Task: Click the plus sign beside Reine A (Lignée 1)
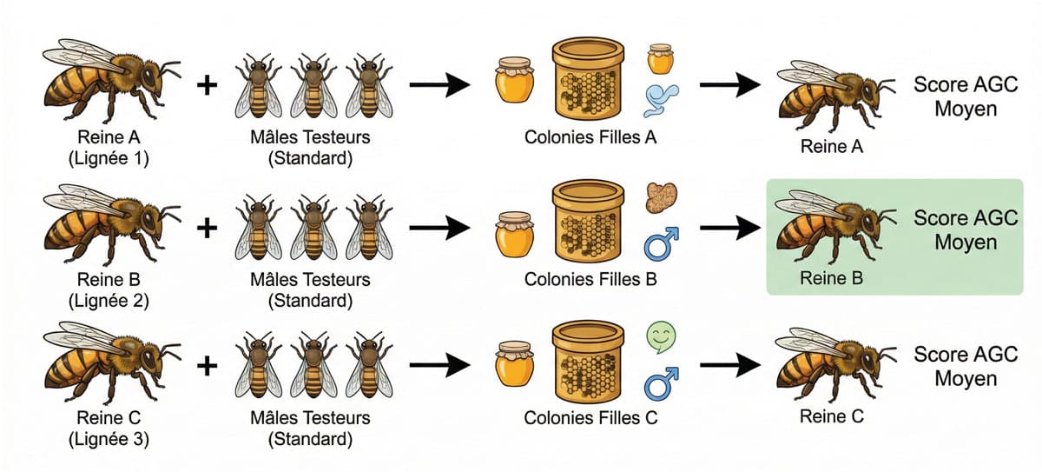pyautogui.click(x=207, y=87)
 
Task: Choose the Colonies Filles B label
pyautogui.click(x=590, y=280)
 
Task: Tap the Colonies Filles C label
pyautogui.click(x=590, y=418)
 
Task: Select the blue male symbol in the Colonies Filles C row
pyautogui.click(x=661, y=383)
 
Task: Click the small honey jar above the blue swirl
pyautogui.click(x=661, y=59)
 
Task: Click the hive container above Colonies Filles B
pyautogui.click(x=589, y=222)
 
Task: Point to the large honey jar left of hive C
pyautogui.click(x=514, y=365)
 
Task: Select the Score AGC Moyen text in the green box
pyautogui.click(x=965, y=229)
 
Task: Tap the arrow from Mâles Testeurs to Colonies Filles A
pyautogui.click(x=439, y=86)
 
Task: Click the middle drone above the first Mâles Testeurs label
pyautogui.click(x=313, y=87)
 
